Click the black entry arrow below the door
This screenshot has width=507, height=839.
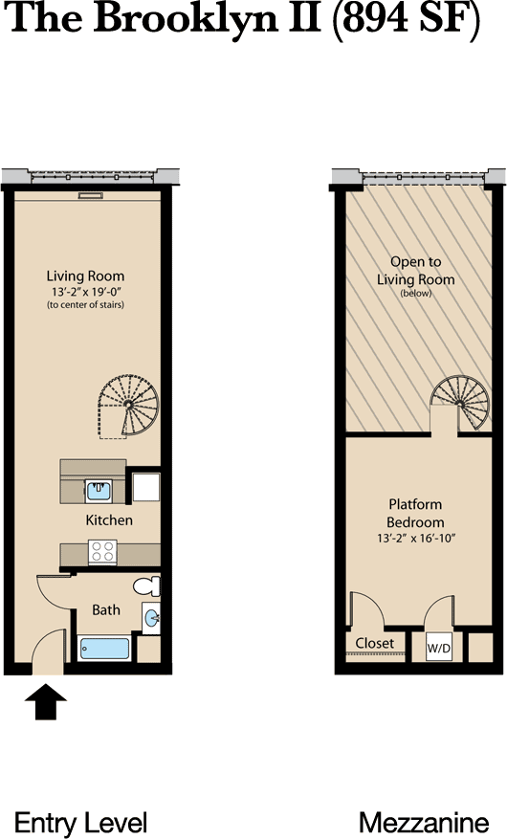tap(46, 701)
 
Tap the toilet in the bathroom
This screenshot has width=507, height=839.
tap(147, 585)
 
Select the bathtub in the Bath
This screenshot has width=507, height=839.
tap(105, 649)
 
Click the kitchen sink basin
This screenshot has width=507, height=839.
tap(99, 491)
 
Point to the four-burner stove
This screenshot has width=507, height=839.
tap(102, 552)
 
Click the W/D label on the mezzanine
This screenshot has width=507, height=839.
tap(438, 649)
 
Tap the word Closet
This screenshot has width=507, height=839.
tap(374, 643)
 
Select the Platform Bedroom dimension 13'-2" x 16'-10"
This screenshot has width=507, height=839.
tap(415, 539)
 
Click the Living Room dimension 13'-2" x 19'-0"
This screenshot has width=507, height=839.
tap(85, 292)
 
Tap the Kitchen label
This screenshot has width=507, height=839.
tap(109, 520)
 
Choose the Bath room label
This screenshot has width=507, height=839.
tap(106, 610)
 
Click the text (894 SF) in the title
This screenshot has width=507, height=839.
tap(407, 20)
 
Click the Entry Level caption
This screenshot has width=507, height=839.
tap(80, 823)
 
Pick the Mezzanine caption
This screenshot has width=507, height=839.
tap(424, 823)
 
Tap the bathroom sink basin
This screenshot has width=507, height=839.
tap(152, 618)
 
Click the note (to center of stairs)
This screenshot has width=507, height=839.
tap(85, 305)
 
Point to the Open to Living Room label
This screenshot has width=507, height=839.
tap(415, 271)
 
